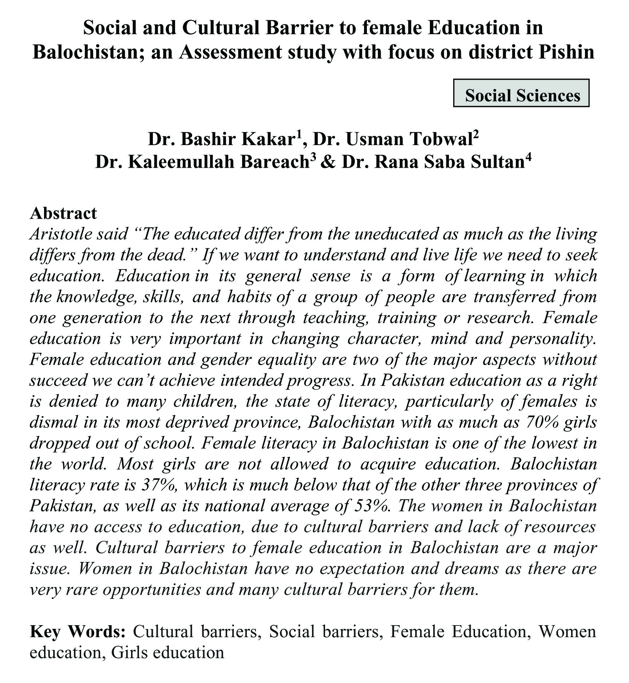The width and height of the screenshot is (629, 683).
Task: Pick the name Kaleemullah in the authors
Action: pos(182,162)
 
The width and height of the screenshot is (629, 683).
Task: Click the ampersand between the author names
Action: pos(328,162)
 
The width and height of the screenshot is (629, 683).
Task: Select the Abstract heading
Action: pos(63,213)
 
